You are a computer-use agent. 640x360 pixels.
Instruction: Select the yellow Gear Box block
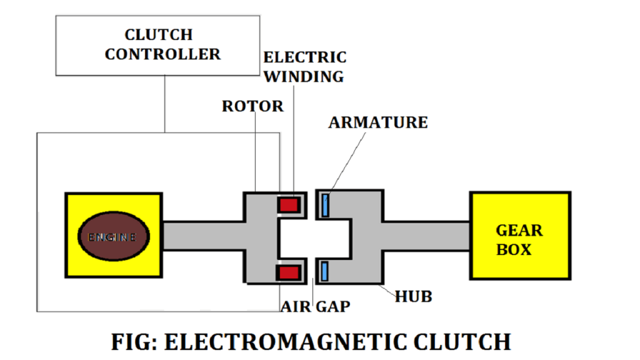520,236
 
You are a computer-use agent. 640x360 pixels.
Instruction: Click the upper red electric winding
289,204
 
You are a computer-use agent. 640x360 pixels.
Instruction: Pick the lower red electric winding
289,272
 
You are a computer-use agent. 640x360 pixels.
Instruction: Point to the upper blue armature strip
325,205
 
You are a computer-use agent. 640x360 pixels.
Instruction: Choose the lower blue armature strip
325,271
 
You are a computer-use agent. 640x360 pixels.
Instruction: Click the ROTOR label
252,107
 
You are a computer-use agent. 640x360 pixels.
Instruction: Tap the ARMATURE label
378,122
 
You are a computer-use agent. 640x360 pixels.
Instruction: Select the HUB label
413,297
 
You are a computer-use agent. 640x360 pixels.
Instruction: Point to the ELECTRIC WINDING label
304,67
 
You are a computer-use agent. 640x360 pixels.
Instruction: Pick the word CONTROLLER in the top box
162,54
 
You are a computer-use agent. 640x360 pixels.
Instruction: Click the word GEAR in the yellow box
519,231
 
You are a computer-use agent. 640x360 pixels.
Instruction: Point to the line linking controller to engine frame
164,104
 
